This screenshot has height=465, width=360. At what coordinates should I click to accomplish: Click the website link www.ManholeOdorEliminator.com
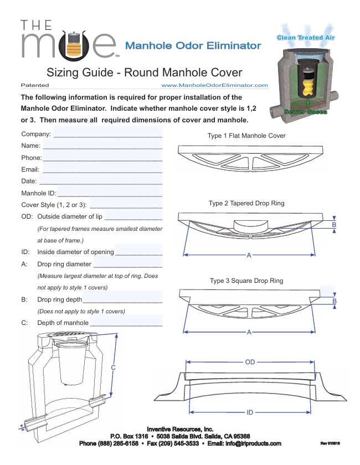pos(214,85)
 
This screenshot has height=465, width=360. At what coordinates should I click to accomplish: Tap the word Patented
pos(34,85)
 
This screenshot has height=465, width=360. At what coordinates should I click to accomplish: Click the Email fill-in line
pos(102,169)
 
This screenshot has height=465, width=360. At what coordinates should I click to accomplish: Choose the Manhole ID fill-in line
pos(110,193)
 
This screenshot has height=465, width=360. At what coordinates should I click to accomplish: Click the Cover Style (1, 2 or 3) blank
pos(126,205)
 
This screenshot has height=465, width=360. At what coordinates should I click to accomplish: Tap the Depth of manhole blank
pos(126,323)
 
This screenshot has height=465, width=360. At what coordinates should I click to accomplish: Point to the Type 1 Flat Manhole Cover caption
pos(246,136)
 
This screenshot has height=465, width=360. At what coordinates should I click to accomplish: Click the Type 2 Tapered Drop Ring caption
pos(246,203)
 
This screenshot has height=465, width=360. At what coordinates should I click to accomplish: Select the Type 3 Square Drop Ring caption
pos(246,281)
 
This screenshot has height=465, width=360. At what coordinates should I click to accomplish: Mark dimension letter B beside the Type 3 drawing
pos(335,301)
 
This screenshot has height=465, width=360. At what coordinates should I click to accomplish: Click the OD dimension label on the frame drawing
pos(250,362)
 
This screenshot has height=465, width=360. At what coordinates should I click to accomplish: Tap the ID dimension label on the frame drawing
pos(250,412)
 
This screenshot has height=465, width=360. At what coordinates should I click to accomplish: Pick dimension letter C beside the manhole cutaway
pos(114,368)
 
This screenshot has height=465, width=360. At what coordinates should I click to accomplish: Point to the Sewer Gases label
pos(305,112)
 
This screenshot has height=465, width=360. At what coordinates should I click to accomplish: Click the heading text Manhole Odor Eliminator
pos(193,45)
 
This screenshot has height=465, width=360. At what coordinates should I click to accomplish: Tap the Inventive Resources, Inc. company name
pos(180,428)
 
